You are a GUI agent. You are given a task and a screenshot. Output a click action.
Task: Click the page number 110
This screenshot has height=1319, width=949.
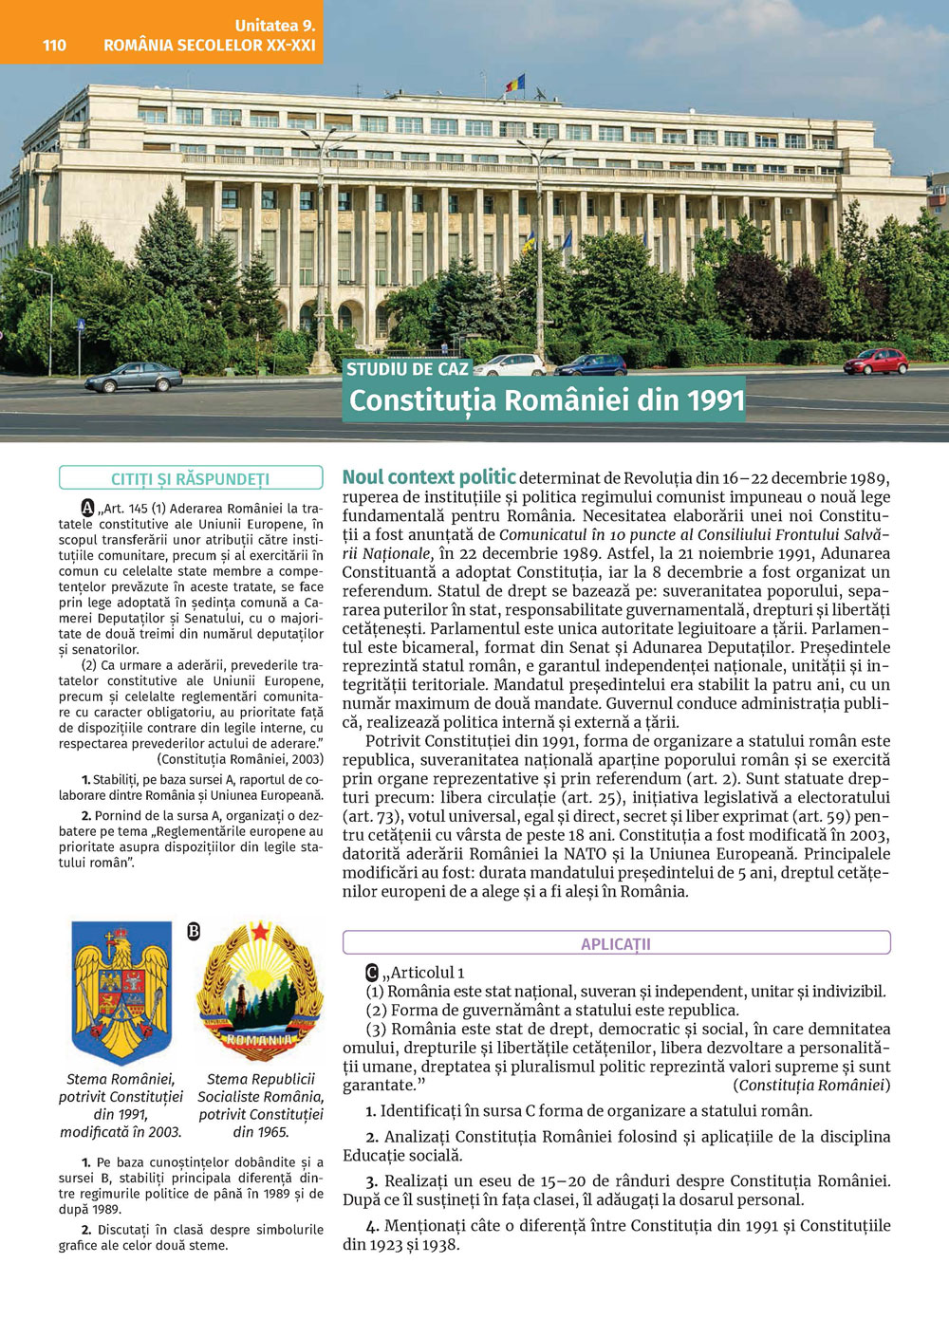tap(54, 45)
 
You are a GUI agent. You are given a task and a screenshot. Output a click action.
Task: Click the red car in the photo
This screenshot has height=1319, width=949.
tap(875, 362)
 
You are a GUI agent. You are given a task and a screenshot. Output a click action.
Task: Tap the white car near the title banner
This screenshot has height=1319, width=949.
tap(510, 364)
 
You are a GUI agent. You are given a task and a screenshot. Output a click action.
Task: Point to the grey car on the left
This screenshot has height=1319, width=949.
tap(133, 378)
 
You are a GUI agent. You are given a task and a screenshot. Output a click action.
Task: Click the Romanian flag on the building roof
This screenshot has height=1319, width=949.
tap(514, 84)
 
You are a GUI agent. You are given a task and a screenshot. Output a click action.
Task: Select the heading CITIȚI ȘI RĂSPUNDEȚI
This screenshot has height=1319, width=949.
tap(190, 479)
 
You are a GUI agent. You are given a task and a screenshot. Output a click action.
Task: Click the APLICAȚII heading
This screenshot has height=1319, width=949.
tap(616, 943)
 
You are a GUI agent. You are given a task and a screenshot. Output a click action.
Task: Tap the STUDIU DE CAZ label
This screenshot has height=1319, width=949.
tap(407, 369)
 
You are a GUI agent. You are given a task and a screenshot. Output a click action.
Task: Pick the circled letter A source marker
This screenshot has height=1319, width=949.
tap(88, 509)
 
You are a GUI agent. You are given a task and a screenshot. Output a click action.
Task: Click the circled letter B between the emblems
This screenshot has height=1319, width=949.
tap(194, 932)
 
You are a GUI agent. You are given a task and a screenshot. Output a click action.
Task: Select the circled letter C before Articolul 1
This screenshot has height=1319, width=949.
tap(372, 973)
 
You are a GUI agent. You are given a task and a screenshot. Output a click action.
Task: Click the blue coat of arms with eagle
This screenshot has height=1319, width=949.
tap(121, 992)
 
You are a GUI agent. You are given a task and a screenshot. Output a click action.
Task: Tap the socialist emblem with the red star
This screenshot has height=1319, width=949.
tap(260, 992)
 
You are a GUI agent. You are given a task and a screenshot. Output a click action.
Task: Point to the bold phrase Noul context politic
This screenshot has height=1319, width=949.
tap(429, 477)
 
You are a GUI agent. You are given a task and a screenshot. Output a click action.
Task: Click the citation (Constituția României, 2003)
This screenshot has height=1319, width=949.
tap(240, 759)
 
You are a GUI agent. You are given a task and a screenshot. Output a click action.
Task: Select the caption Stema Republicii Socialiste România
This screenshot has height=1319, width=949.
tap(260, 1087)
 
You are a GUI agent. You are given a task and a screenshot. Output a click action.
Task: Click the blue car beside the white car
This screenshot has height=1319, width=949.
tap(590, 364)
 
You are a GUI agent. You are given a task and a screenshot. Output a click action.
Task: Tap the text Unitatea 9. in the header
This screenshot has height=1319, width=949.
tap(275, 26)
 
